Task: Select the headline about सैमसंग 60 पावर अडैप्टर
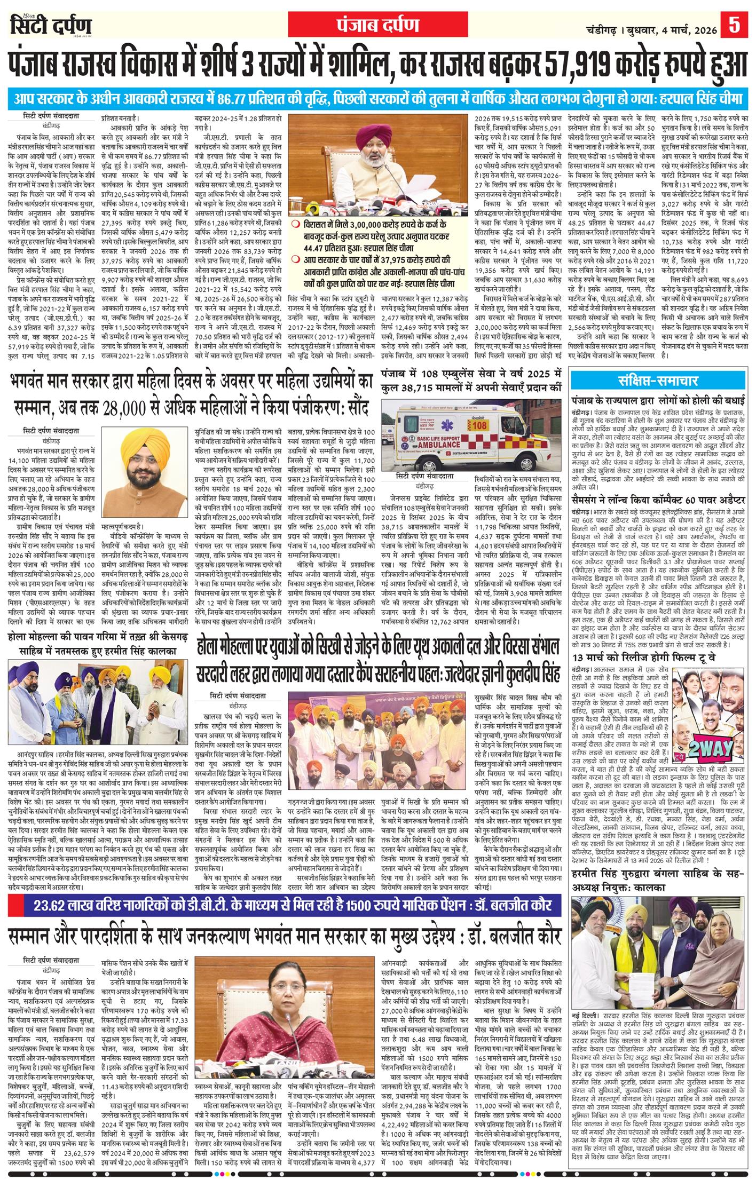tap(658, 499)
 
